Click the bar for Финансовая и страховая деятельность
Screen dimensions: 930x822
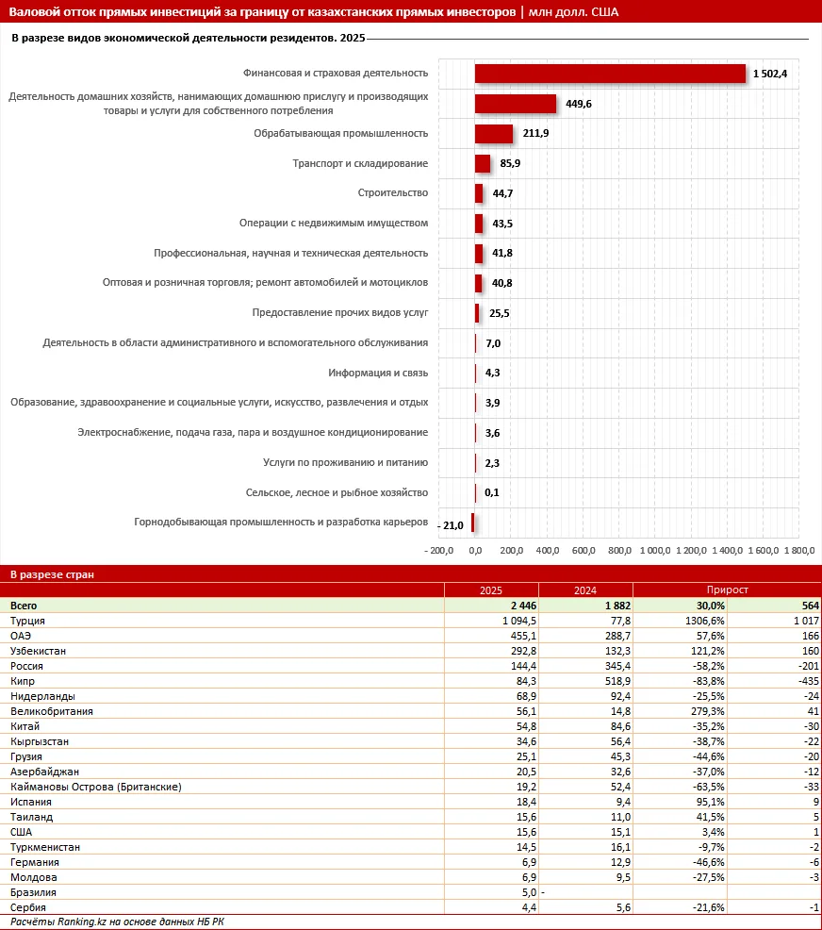[610, 74]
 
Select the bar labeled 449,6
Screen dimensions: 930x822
[515, 104]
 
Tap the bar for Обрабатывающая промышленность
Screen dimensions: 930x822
[493, 134]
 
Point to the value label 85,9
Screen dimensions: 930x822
[511, 164]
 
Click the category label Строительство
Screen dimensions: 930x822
[393, 193]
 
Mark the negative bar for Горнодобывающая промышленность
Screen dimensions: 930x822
[472, 523]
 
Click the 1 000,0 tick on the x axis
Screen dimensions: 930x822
[654, 551]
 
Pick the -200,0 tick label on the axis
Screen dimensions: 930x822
[439, 551]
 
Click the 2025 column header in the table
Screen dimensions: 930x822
[490, 590]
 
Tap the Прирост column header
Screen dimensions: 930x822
[726, 590]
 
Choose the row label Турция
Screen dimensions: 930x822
[27, 621]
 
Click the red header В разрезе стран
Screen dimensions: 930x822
[52, 573]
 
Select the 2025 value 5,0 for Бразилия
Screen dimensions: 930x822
[529, 892]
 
